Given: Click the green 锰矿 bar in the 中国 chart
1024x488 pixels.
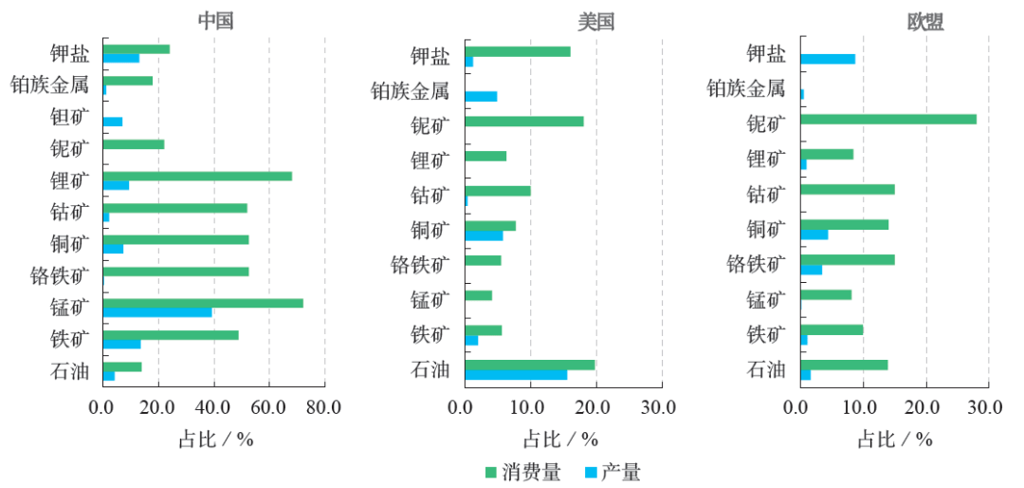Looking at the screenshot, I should pos(203,303).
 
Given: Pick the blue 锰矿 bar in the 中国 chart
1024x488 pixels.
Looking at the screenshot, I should pos(157,312).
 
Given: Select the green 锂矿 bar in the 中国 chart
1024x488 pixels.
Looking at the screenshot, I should pos(197,176).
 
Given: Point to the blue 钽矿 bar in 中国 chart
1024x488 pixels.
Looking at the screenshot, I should pos(113,122).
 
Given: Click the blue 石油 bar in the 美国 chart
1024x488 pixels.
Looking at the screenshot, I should pos(516,374).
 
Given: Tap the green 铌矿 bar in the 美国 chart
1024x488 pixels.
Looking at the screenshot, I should pos(524,122).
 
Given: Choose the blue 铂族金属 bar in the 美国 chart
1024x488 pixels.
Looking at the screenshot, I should pos(481,96).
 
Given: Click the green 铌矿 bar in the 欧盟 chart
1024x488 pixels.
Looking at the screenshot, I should pos(888,119).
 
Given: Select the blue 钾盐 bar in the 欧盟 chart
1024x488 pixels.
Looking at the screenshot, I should pos(828,59).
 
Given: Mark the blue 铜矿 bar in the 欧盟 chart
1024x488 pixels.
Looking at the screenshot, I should pos(814,235).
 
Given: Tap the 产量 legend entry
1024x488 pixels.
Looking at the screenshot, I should pos(613,472).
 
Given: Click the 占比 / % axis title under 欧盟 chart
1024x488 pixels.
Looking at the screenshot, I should pos(894,440).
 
